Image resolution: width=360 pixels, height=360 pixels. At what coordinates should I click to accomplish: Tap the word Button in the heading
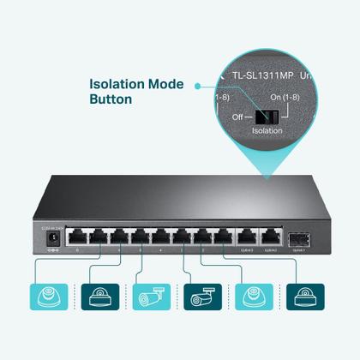[x=111, y=99]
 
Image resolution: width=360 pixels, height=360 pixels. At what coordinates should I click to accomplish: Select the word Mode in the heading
[x=168, y=84]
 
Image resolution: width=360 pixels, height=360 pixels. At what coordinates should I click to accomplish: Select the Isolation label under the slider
[x=267, y=131]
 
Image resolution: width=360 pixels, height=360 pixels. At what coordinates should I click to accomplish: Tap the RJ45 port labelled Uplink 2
[x=271, y=237]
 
